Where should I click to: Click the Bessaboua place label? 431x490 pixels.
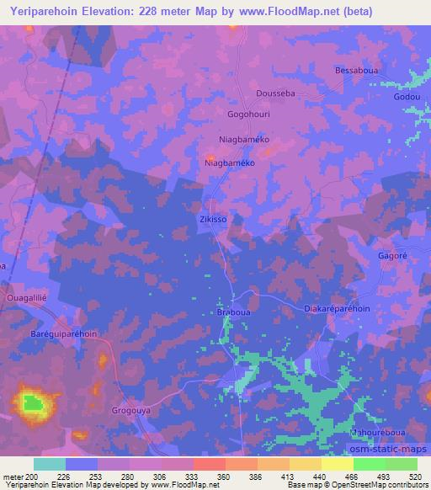point(358,71)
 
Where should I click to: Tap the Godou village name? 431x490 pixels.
point(406,97)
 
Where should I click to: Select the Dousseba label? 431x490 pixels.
point(274,93)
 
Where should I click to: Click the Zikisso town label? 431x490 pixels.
point(213,219)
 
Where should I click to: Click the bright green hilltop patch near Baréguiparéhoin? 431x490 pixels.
point(33,402)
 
